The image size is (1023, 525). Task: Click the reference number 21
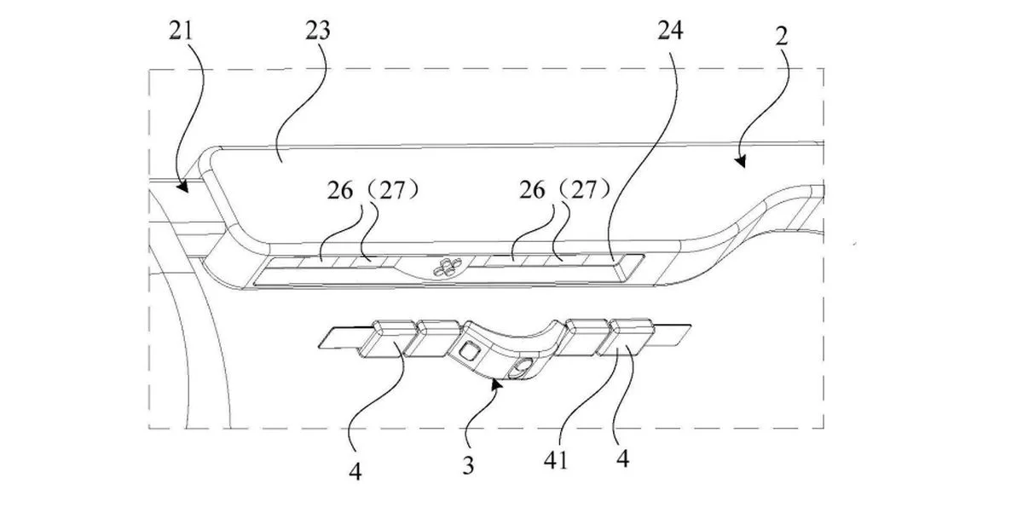point(181,32)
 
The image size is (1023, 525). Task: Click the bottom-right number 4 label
point(624,458)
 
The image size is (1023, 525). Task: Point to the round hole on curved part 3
point(519,369)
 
